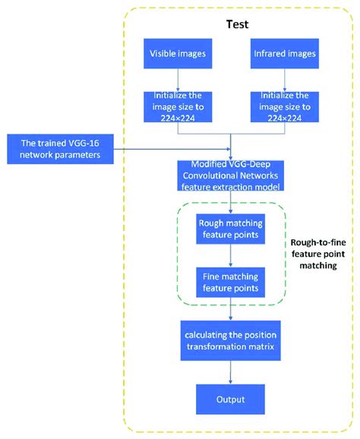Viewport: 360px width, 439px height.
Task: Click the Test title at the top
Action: (x=237, y=24)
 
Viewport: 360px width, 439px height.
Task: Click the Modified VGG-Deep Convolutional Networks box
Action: (x=231, y=175)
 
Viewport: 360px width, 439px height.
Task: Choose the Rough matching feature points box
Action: (x=230, y=229)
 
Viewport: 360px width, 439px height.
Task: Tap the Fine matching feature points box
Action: (x=230, y=282)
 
